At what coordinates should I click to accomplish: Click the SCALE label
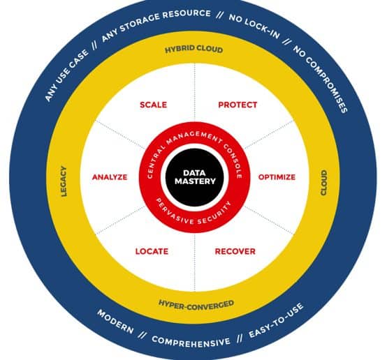153,105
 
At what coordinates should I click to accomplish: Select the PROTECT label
238,105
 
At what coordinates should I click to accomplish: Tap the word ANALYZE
110,177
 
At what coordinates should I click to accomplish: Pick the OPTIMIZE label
277,177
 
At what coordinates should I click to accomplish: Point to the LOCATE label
152,251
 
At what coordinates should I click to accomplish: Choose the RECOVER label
235,251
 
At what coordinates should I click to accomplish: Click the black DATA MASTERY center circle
195,177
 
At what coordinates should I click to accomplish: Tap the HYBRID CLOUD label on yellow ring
194,49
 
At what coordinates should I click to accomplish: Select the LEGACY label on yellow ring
64,181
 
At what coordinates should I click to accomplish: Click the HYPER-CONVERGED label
196,305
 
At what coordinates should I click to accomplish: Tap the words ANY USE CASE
66,75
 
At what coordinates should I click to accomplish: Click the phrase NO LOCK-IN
255,25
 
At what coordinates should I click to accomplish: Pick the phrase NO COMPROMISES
321,78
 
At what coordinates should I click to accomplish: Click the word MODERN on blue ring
115,322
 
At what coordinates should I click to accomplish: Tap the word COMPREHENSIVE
191,341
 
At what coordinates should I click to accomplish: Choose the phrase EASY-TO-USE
276,321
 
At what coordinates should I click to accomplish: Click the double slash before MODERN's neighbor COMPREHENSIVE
143,335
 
